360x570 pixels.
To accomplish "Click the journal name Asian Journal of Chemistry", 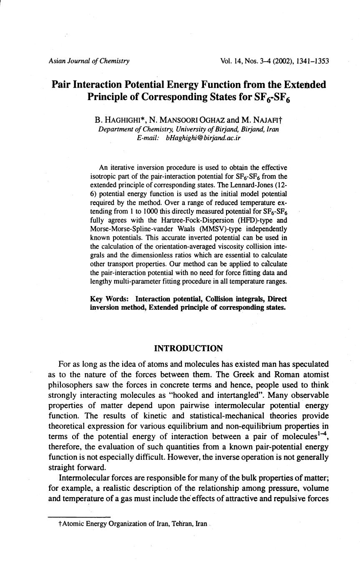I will tap(89, 61).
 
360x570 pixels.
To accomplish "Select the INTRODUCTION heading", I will tap(189, 348).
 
